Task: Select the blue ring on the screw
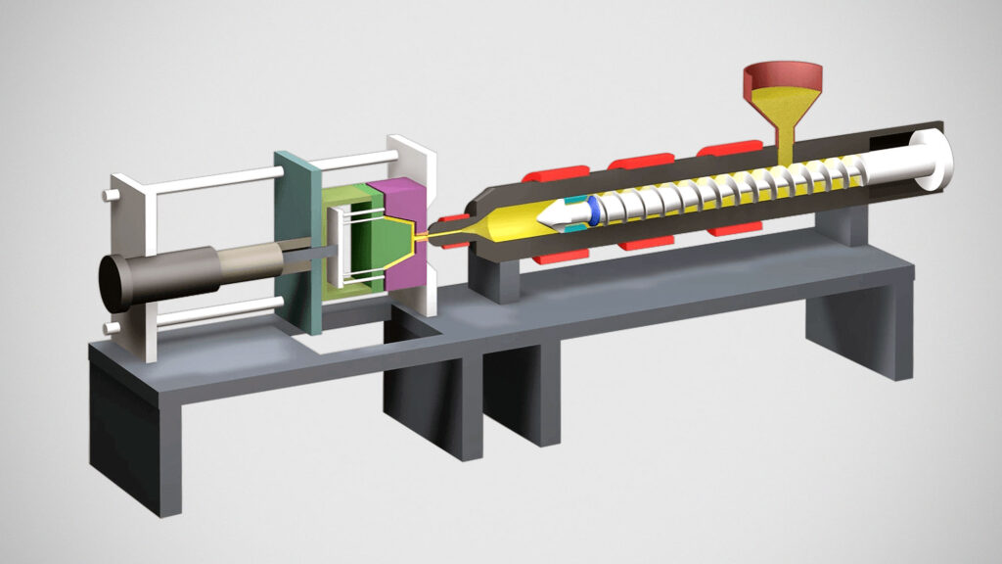pyautogui.click(x=593, y=211)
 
